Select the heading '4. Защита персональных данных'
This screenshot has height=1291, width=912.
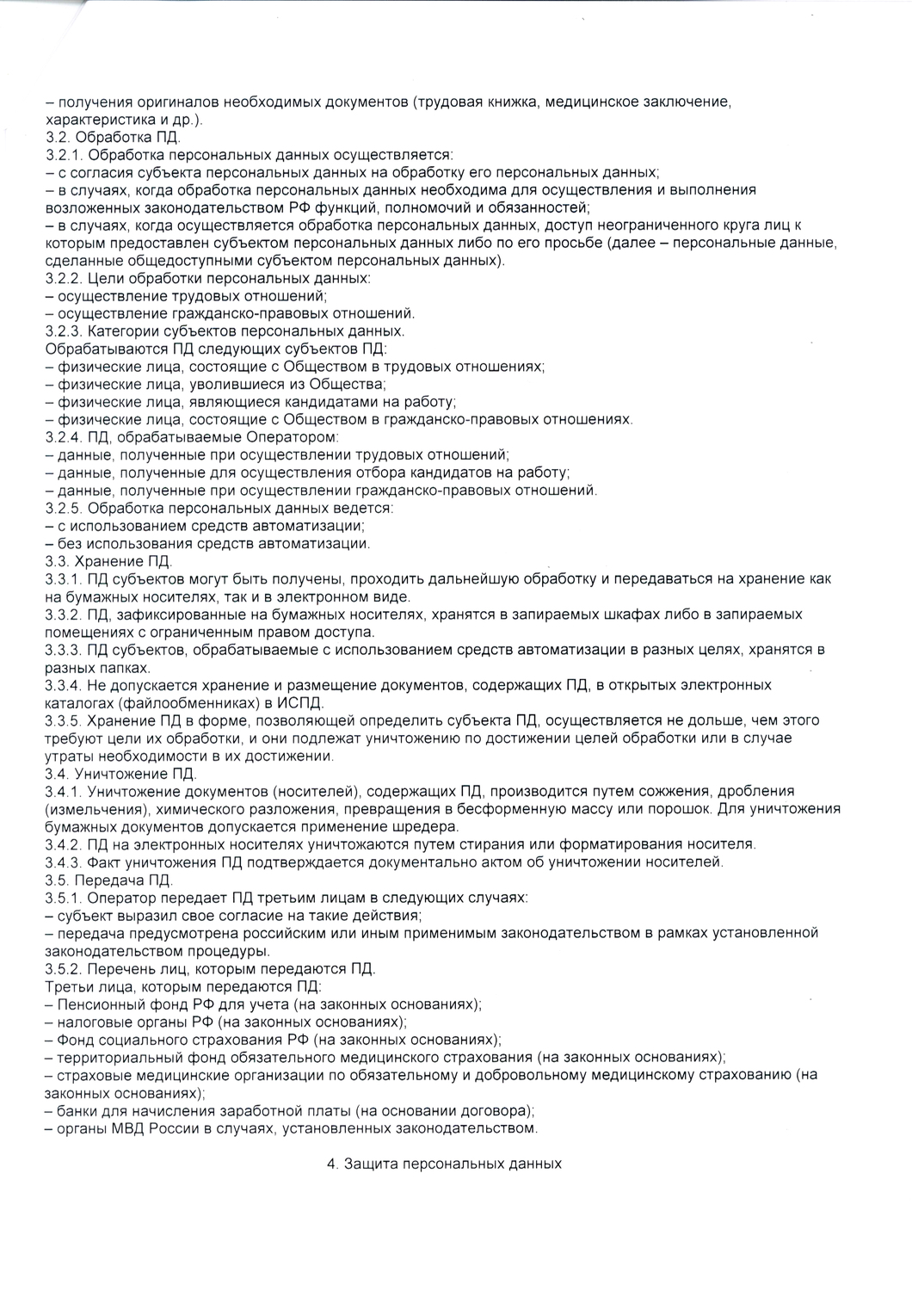(x=444, y=1164)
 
